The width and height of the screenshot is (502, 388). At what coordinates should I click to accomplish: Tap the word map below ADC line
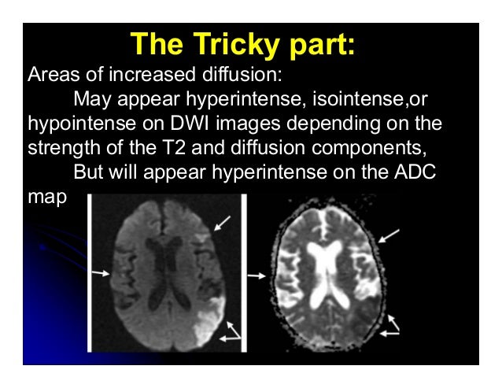[46, 198]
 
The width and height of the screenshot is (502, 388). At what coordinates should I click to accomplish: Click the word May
[90, 102]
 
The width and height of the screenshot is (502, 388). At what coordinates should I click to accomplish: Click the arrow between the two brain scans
[256, 276]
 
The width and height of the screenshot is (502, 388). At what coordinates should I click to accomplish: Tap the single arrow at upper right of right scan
[390, 234]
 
